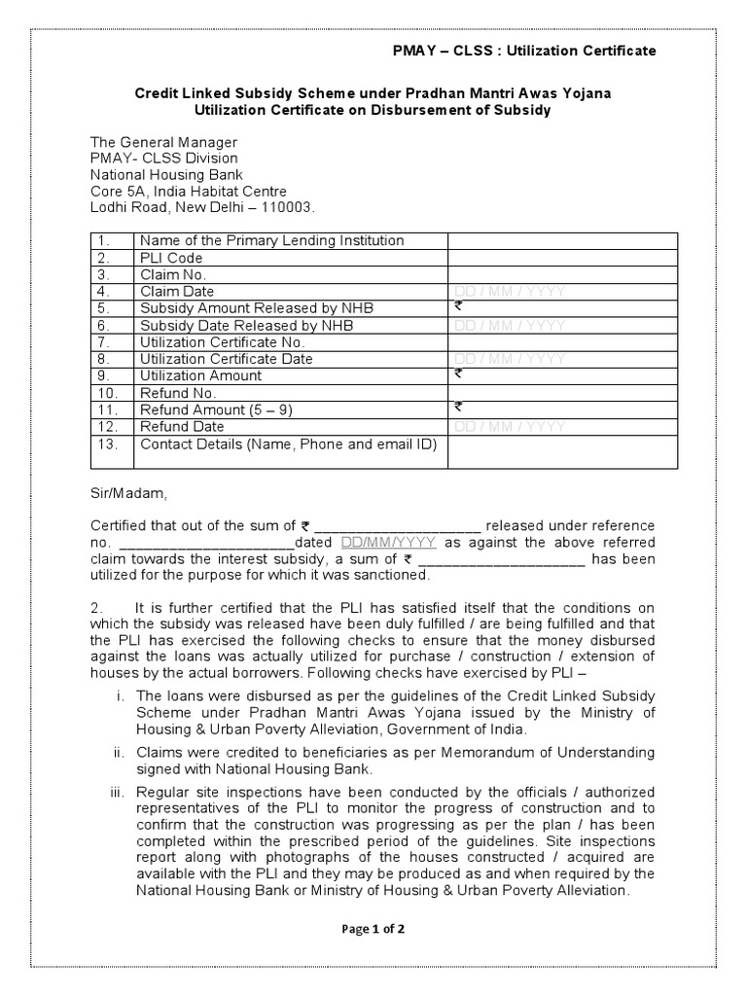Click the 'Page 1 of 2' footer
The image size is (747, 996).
(373, 929)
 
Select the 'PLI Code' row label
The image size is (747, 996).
(171, 258)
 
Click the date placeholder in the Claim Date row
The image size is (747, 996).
(510, 292)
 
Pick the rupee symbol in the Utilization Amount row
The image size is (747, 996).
(458, 373)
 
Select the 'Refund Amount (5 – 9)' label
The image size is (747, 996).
(217, 410)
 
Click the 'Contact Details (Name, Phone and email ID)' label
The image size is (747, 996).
(289, 445)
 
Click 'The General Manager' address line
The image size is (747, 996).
(163, 142)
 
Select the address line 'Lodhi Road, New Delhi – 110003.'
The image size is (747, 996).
(202, 208)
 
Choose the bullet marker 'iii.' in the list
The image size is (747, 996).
(118, 792)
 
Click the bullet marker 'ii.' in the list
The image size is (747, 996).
(120, 752)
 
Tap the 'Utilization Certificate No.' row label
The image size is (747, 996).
(223, 342)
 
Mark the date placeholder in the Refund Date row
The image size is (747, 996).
(510, 427)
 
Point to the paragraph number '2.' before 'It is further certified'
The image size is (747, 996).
(96, 608)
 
